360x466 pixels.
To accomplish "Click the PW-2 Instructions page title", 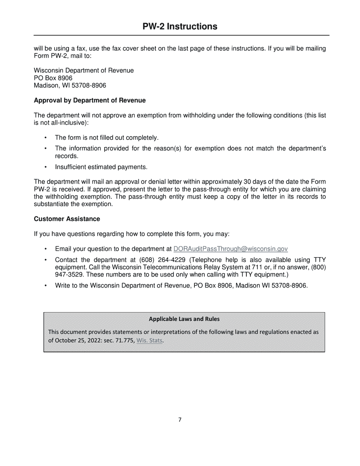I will (x=180, y=27).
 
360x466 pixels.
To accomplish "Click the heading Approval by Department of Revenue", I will (x=90, y=100).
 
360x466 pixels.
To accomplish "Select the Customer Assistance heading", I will (x=67, y=219).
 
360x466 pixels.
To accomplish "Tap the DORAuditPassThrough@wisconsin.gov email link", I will (x=230, y=249).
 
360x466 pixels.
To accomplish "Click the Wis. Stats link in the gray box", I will (x=149, y=340).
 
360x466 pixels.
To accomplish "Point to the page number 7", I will (x=180, y=420).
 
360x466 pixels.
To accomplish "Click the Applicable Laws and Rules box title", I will (x=184, y=319).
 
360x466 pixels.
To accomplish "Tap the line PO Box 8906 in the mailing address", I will (x=53, y=78).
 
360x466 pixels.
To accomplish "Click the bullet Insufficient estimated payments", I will (x=101, y=167).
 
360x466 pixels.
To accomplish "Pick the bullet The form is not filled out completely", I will (x=106, y=138).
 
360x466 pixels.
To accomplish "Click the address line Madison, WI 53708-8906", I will (x=70, y=86).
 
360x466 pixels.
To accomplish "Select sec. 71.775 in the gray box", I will (x=119, y=340).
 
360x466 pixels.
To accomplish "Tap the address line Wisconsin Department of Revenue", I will (x=84, y=70).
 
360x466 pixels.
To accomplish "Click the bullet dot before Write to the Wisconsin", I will (x=46, y=286).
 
